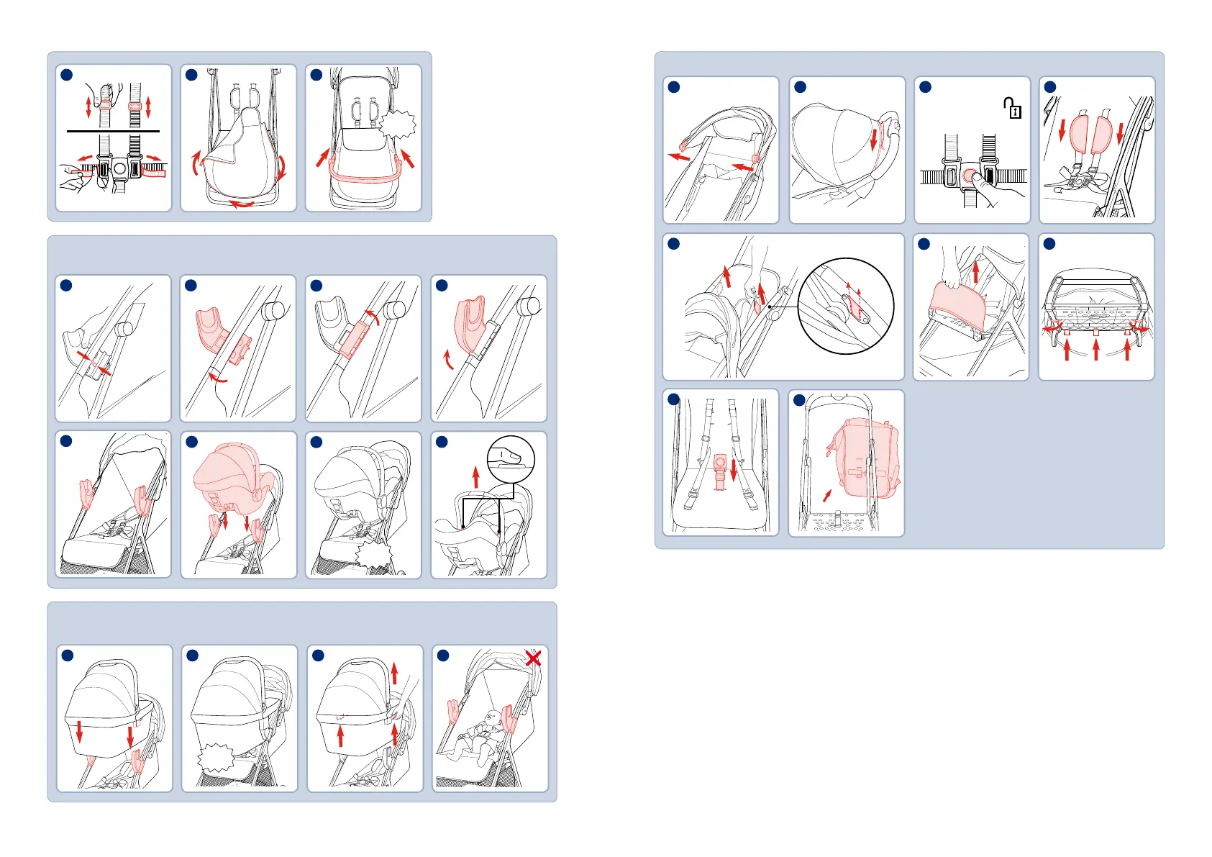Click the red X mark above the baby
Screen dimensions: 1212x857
(533, 658)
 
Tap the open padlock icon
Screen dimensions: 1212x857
(1012, 109)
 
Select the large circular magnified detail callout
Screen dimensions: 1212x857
(846, 306)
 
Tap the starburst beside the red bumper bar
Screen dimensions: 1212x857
(398, 125)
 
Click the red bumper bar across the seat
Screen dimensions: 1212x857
(365, 173)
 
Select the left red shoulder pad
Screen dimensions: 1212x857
(1080, 135)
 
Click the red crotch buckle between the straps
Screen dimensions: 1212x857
(720, 472)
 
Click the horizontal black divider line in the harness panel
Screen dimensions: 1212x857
(113, 131)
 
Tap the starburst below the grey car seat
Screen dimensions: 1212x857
(375, 556)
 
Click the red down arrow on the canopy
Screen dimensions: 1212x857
(874, 139)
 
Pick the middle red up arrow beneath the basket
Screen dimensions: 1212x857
(1095, 350)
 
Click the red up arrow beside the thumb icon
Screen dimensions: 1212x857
(475, 476)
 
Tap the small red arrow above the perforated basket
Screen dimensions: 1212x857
(828, 495)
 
